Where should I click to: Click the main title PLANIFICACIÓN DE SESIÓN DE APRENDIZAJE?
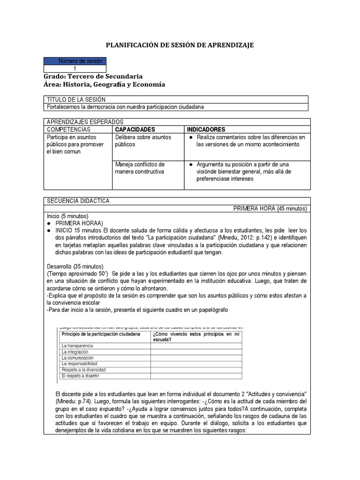click(180, 45)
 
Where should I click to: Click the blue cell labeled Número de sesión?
click(75, 61)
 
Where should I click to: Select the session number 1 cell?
click(75, 68)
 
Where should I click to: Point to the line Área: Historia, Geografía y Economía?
click(104, 84)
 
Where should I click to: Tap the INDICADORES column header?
click(206, 129)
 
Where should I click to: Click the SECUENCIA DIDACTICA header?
click(78, 201)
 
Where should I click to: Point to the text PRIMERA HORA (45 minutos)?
click(270, 209)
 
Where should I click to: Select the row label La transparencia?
click(77, 345)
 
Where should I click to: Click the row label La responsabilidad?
click(79, 363)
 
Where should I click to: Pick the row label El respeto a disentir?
click(80, 375)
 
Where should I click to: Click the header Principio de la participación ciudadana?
click(101, 334)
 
